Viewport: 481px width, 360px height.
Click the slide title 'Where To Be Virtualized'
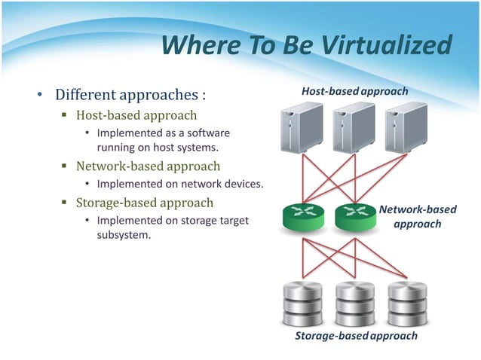click(x=306, y=47)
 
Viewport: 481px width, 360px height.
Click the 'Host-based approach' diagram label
click(x=354, y=91)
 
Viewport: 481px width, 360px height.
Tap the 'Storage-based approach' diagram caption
click(x=355, y=336)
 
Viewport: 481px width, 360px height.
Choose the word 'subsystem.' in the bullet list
click(x=124, y=235)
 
